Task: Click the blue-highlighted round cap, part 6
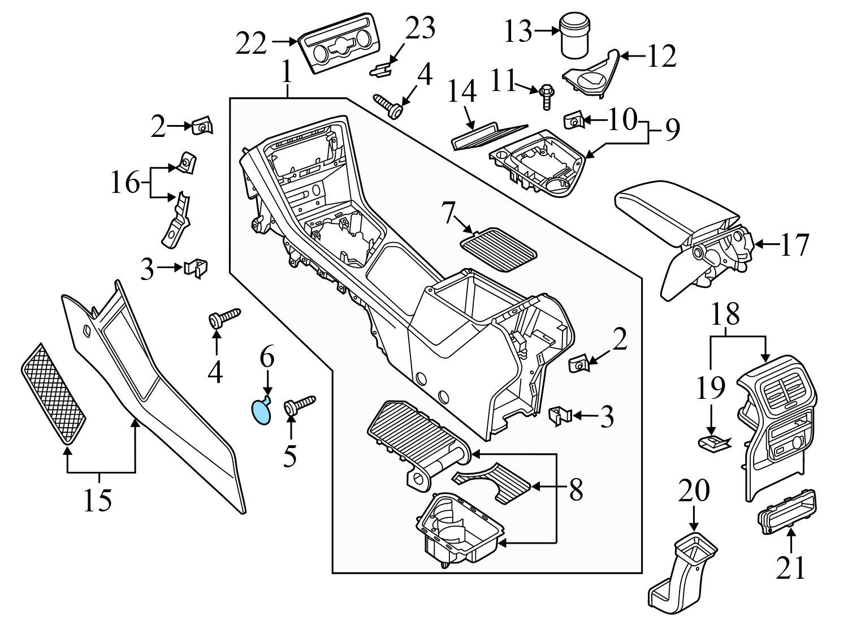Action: coord(261,412)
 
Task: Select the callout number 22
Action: coord(252,44)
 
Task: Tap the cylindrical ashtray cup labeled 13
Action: coord(574,35)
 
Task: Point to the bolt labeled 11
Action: coord(547,96)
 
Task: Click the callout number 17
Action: coord(794,244)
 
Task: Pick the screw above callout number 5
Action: coord(300,404)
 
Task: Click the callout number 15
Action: coord(97,500)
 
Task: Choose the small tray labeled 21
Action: coord(786,511)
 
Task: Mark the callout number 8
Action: coord(576,490)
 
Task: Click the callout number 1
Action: coord(287,73)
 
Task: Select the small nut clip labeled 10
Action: coord(573,121)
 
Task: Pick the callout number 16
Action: coord(124,182)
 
